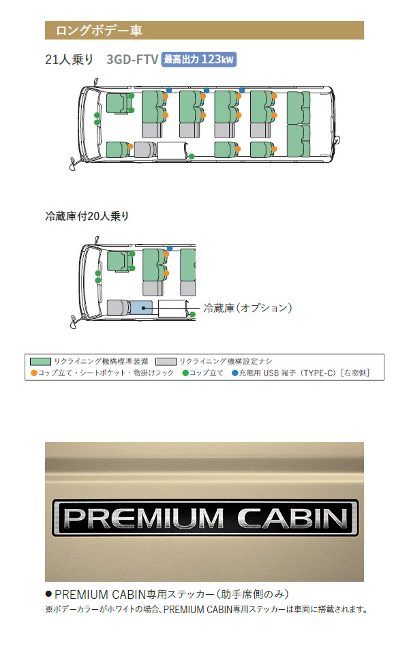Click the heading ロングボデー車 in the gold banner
point(98,31)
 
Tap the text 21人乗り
point(69,59)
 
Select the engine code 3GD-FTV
point(132,59)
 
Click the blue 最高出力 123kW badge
point(198,59)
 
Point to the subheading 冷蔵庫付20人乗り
point(87,216)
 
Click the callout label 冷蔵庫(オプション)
point(247,308)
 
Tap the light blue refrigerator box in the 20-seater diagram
point(142,307)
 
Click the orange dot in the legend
point(34,373)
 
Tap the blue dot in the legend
point(234,373)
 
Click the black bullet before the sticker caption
point(48,594)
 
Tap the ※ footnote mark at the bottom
point(48,609)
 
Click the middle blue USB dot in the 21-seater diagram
point(206,91)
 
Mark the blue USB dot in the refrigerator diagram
point(170,249)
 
